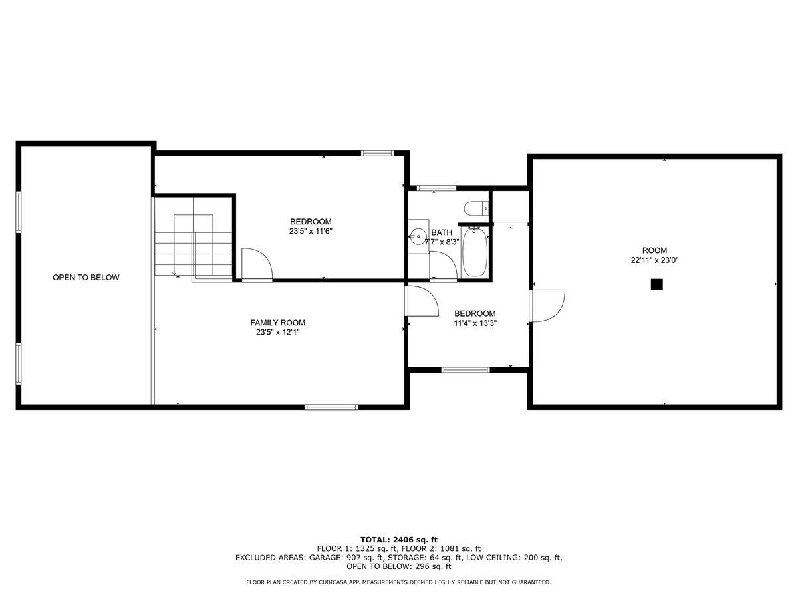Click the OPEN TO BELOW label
(x=86, y=278)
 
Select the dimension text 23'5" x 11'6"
(x=310, y=232)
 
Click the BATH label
(x=442, y=232)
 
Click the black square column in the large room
(x=656, y=284)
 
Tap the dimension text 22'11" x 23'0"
(x=654, y=261)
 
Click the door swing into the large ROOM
(x=547, y=305)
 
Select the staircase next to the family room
(x=193, y=245)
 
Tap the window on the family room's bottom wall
(x=331, y=406)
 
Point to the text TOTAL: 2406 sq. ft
(x=398, y=540)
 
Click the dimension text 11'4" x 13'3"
(x=475, y=323)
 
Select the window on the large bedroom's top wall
(x=377, y=153)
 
